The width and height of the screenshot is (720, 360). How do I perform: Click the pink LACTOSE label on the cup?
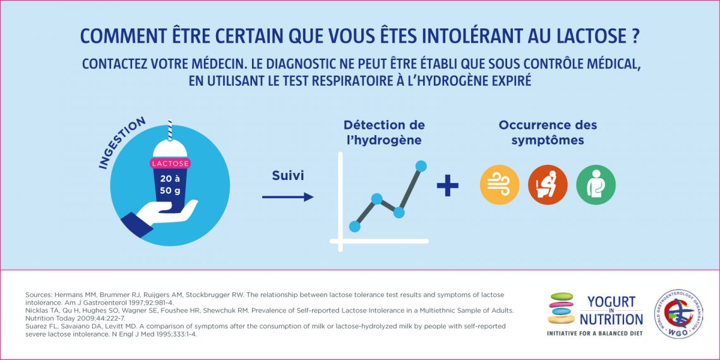coord(169,163)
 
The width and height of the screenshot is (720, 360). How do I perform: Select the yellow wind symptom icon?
coord(500,185)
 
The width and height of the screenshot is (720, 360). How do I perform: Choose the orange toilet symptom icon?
coord(548,185)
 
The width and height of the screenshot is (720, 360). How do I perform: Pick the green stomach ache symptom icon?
coord(596,185)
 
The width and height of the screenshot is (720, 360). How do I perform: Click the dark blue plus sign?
coord(448,185)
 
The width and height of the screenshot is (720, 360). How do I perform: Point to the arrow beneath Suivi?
coord(287,197)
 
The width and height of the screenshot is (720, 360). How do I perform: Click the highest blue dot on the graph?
coord(421,166)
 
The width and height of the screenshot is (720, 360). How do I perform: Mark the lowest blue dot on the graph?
coord(354,225)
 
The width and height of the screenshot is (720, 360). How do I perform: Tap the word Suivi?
coord(288,176)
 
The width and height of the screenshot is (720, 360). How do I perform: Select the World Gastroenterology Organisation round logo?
coord(681,314)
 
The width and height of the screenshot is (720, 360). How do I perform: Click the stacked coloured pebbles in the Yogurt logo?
coord(561,308)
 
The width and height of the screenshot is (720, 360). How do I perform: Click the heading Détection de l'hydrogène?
coord(384,132)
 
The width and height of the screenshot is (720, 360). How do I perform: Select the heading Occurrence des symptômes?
coord(548,132)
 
